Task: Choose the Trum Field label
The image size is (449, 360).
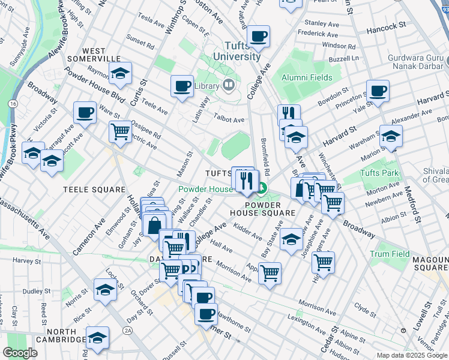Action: pos(390,254)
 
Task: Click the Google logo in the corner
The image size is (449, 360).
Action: pos(20,353)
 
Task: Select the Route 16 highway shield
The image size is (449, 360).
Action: pos(13,103)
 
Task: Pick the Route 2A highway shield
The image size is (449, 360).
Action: pos(127,331)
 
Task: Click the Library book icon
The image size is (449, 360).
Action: pos(228,86)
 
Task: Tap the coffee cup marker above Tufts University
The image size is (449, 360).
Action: pos(259,36)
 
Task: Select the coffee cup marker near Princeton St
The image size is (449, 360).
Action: pos(378,91)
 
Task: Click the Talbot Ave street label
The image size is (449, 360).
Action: pos(230,120)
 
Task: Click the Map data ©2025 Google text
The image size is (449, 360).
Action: pos(411,355)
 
